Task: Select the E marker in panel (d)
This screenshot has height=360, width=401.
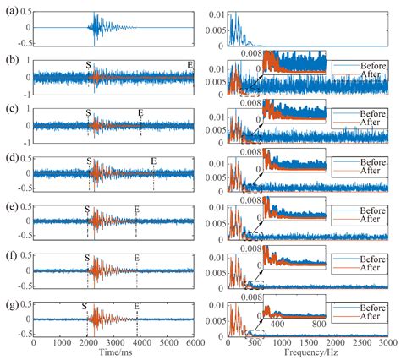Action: click(x=153, y=161)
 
